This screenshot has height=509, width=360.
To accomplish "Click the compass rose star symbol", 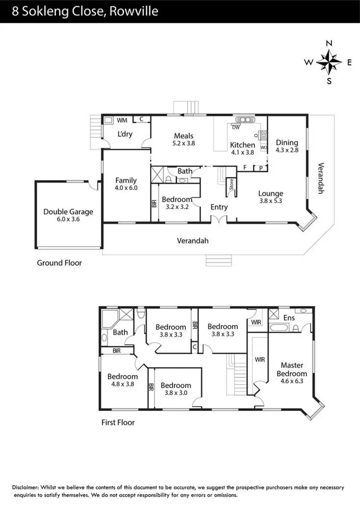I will point(329,62).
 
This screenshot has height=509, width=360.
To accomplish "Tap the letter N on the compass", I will point(329,43).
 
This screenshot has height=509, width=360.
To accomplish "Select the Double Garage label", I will point(68,211).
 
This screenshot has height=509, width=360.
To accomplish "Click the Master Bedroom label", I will point(294,369).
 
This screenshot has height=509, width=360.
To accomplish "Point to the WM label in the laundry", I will point(122,120).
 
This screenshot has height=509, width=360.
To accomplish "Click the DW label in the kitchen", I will point(236,127).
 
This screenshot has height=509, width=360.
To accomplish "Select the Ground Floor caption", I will point(60,263).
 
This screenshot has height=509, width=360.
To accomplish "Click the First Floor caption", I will point(118,423).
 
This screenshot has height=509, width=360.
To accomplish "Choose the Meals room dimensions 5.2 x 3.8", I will point(183,143).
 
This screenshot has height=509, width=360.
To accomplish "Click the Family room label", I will point(126,181).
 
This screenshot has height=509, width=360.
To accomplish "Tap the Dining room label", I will point(287,142).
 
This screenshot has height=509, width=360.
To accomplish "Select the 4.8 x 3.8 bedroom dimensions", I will point(122,384).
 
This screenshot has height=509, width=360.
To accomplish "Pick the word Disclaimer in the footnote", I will point(28,487).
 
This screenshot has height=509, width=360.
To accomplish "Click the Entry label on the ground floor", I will point(219,207).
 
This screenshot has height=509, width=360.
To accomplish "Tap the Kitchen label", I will point(242,145).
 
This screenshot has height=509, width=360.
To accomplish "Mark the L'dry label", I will point(125,134).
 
